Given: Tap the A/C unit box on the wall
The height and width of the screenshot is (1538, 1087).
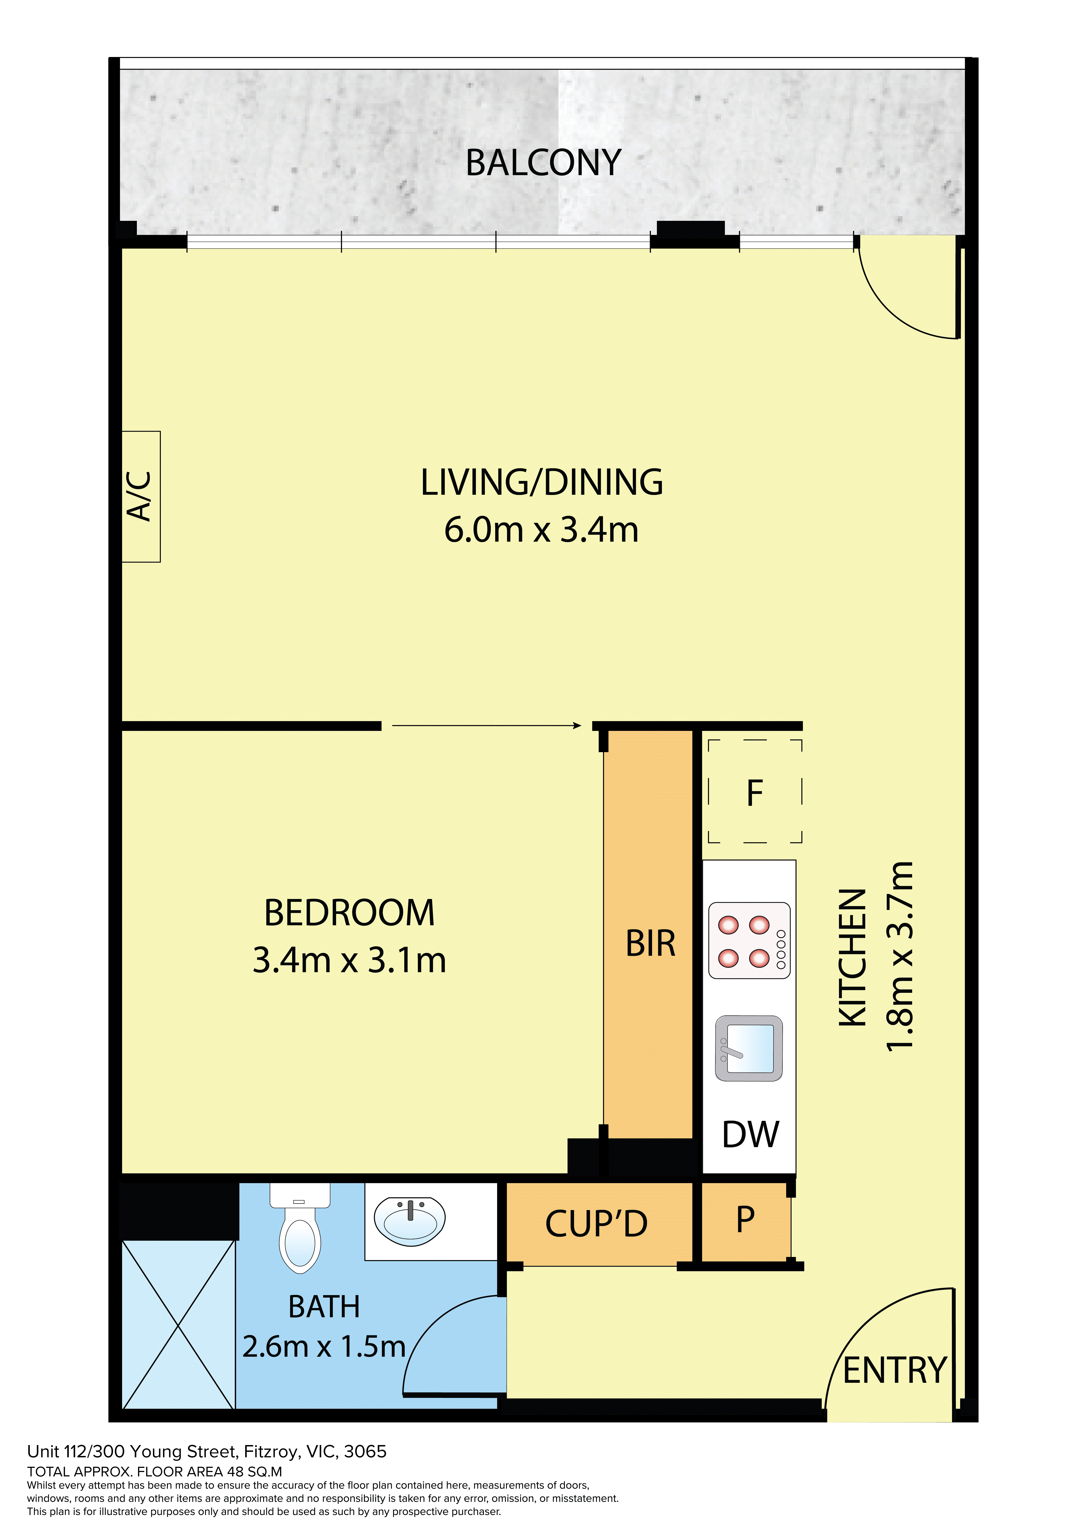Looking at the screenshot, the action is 141,496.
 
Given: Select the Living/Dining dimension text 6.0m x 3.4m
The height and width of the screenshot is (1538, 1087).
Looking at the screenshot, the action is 541,529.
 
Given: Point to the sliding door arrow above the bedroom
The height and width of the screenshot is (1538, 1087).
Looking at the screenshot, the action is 486,725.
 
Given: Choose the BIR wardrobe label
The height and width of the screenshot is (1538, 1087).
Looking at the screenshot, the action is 650,943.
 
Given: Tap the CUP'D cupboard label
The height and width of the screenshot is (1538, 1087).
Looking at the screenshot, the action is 596,1224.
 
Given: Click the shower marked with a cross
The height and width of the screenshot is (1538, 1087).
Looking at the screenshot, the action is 178,1324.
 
